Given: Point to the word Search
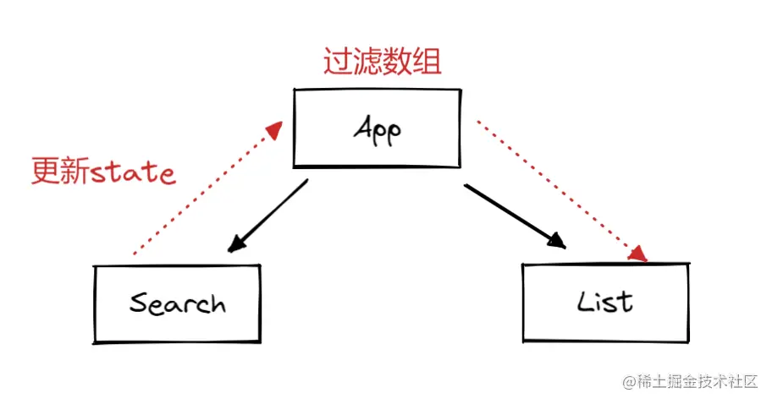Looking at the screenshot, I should pos(178,303).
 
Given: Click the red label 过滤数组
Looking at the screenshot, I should pos(383,62).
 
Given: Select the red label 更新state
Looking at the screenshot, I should pos(103,172).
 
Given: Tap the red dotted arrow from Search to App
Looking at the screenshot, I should pos(203,189).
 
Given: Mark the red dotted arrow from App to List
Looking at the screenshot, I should pos(559,189).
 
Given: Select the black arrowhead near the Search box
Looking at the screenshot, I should pos(236,244).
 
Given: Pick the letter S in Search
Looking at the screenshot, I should pos(137,303).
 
